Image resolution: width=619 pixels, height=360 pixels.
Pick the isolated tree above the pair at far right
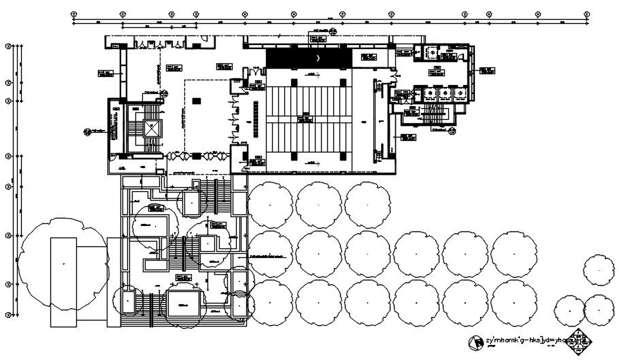pyautogui.click(x=599, y=269)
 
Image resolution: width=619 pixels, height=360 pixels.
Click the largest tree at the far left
pyautogui.click(x=63, y=261)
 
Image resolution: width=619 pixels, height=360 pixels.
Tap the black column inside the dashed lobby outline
pyautogui.click(x=196, y=101)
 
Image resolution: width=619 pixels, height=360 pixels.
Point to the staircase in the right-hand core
pyautogui.click(x=430, y=112)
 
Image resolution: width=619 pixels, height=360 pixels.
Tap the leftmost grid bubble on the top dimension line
pyautogui.click(x=72, y=13)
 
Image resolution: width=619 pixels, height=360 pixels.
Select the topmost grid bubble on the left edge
pyautogui.click(x=7, y=46)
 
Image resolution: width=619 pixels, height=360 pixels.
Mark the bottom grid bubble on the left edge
pyautogui.click(x=7, y=314)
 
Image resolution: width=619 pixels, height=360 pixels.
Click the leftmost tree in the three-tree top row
pyautogui.click(x=269, y=203)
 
